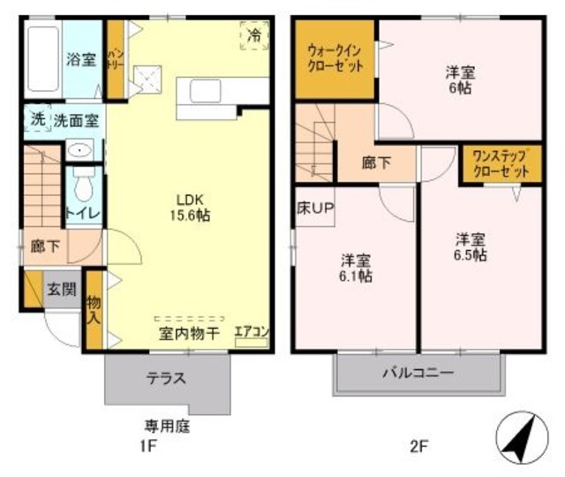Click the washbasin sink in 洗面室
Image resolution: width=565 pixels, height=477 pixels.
tap(81, 149)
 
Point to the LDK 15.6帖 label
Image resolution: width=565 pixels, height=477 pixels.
tap(192, 206)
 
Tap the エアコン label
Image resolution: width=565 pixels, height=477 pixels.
tap(252, 332)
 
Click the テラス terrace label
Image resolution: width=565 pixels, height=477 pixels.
tap(166, 378)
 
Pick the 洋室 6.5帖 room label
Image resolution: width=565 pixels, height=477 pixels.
tap(471, 246)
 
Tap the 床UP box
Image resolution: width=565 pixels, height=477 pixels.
tap(313, 209)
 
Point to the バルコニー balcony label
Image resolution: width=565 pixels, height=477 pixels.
tap(418, 373)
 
